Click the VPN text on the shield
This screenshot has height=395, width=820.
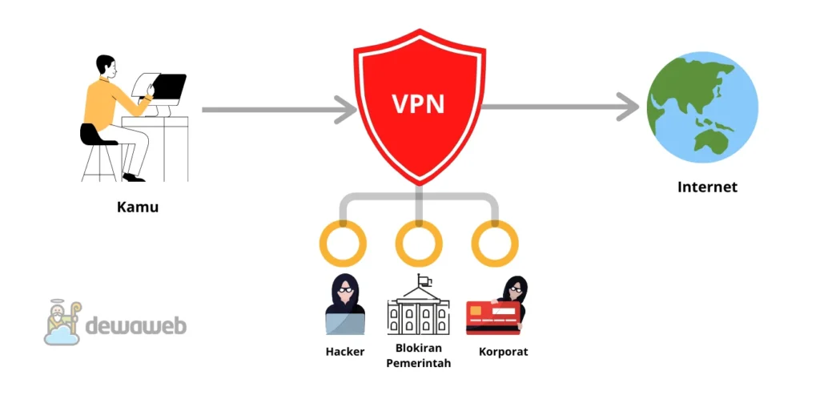tap(419, 104)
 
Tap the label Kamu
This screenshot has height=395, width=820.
tap(138, 207)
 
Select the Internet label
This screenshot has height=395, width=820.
tap(707, 187)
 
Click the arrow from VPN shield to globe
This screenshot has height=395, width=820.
tap(561, 107)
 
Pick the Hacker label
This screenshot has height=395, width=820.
tap(345, 352)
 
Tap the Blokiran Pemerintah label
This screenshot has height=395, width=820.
tap(418, 356)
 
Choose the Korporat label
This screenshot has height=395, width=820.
tap(503, 352)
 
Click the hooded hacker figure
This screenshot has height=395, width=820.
tap(344, 304)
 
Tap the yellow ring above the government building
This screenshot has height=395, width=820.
tap(419, 243)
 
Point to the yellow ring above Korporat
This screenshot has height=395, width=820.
tap(495, 243)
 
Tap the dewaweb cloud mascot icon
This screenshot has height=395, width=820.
tap(62, 322)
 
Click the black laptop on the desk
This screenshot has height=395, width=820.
tap(168, 86)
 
